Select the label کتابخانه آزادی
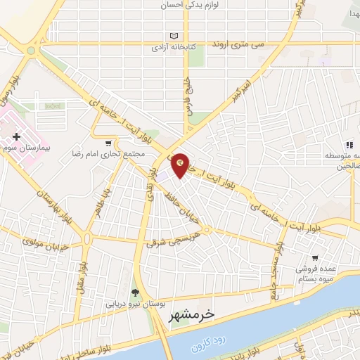[174, 49]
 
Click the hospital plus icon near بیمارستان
[16, 135]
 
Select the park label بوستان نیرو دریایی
[134, 305]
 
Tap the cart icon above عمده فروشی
[315, 257]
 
